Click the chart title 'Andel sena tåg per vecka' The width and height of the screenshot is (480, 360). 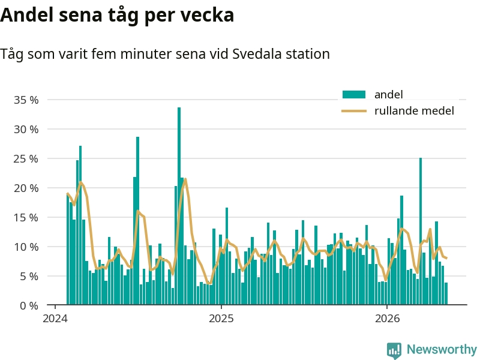[117, 16]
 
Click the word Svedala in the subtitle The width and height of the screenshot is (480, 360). [257, 54]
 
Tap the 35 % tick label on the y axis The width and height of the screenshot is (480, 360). [26, 100]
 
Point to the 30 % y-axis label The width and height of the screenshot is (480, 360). [26, 129]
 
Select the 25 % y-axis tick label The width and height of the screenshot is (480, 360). [26, 158]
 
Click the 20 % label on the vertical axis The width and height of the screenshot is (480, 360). [26, 188]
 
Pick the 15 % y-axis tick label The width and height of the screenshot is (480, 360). [26, 217]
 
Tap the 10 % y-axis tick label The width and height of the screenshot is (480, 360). [26, 247]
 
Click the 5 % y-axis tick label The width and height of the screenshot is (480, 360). [29, 276]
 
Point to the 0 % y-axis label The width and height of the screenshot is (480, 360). [29, 305]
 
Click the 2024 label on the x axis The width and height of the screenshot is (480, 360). [55, 319]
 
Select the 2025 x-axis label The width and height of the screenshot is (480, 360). [221, 319]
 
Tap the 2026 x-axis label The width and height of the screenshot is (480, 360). [387, 319]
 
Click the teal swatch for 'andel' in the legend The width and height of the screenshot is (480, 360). [354, 95]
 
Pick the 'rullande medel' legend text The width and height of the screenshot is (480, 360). [414, 110]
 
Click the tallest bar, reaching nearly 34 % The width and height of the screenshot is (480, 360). [179, 206]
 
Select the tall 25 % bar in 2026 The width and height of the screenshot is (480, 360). [421, 231]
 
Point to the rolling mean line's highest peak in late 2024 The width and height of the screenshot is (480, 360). [185, 179]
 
